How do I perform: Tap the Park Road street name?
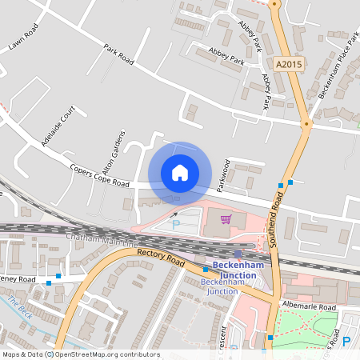117,54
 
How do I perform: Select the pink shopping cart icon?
226,218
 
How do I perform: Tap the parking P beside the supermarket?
176,226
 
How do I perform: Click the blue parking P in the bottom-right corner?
346,342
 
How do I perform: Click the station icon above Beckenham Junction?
238,253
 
